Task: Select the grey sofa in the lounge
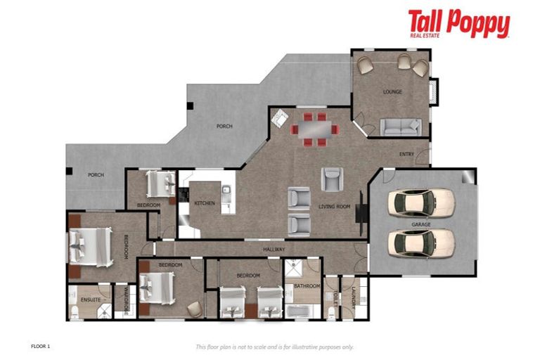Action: point(400,127)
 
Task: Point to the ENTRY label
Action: point(406,154)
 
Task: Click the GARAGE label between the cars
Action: point(421,224)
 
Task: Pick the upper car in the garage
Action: point(421,202)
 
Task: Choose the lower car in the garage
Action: point(421,243)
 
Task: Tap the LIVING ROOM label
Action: point(334,207)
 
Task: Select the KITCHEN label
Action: point(205,204)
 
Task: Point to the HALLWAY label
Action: point(274,249)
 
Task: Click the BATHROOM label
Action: point(307,286)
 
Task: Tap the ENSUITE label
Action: point(91,300)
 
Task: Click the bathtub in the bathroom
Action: point(303,311)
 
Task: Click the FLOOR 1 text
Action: point(41,346)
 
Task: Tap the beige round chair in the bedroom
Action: point(193,307)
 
